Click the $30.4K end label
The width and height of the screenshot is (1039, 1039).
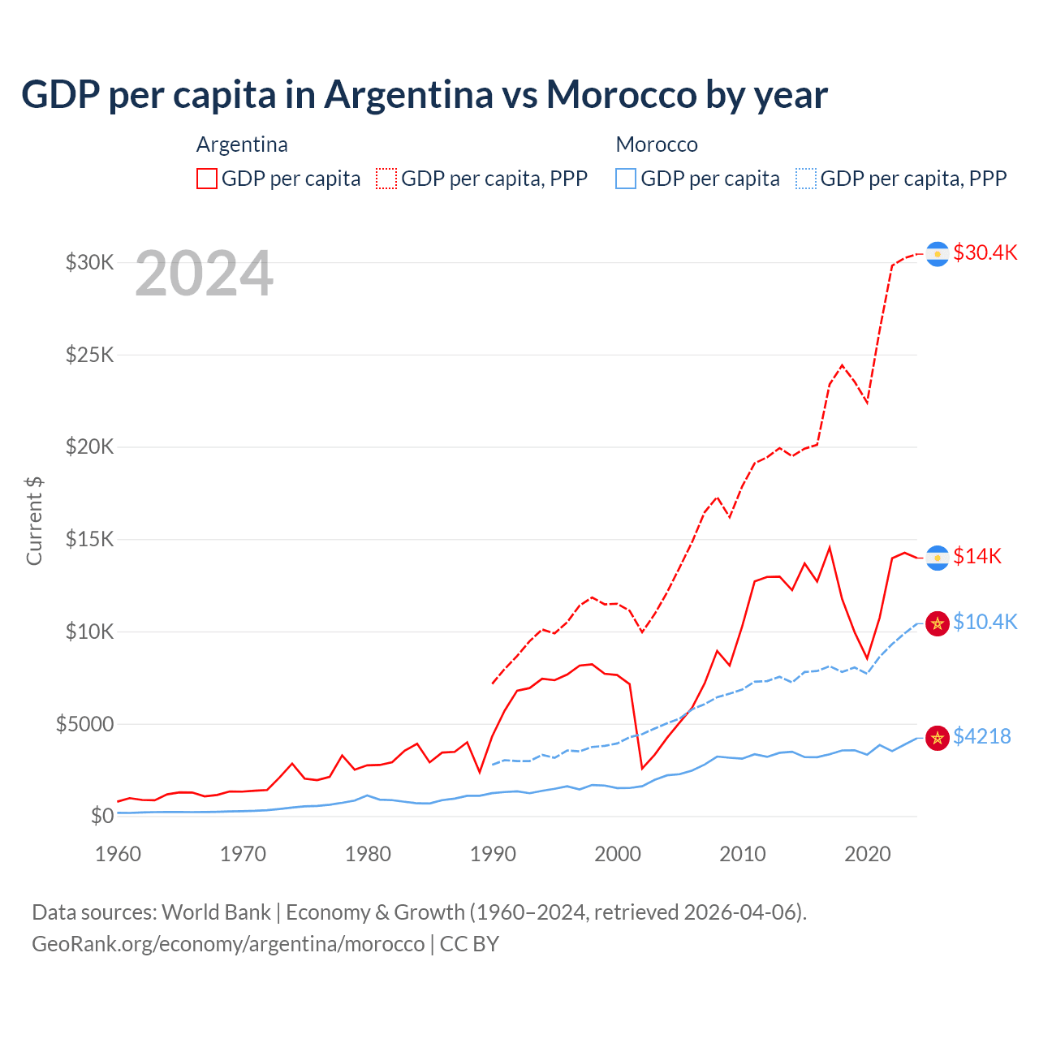(985, 252)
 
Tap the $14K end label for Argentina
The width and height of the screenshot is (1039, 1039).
(976, 556)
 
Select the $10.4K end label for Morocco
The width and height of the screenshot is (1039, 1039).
(985, 622)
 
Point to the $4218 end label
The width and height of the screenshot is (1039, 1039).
(981, 736)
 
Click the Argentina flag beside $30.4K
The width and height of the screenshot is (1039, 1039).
(938, 254)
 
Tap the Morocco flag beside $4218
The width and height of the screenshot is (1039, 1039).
(938, 738)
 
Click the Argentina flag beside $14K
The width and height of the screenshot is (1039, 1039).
(938, 558)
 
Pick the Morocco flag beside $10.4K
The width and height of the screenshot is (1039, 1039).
(938, 623)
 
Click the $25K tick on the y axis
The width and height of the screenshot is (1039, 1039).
(90, 355)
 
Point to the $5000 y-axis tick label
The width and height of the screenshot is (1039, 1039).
(84, 724)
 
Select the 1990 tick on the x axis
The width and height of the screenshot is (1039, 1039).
(493, 854)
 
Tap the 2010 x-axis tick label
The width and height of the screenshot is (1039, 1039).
(743, 854)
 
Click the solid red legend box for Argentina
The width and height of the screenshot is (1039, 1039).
(207, 179)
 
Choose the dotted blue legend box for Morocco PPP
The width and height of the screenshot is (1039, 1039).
(806, 179)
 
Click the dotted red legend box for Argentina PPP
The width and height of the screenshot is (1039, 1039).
(386, 179)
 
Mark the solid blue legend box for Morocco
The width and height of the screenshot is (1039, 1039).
(626, 179)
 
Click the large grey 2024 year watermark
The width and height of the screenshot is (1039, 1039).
(204, 274)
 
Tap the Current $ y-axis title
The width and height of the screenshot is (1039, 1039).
(34, 521)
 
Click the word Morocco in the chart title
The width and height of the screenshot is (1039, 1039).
(621, 95)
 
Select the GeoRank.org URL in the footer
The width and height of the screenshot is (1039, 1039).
(228, 944)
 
